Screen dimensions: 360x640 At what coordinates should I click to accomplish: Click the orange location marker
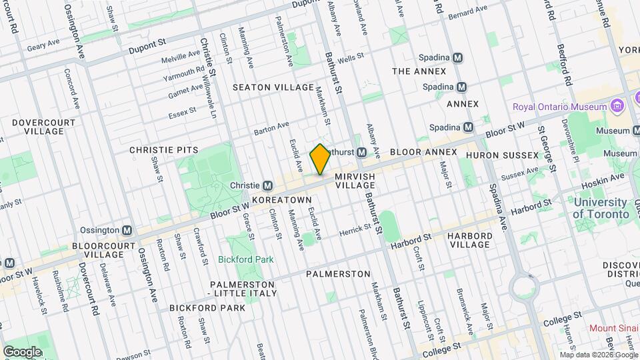[x=320, y=159]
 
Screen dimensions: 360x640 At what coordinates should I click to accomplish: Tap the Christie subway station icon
[x=268, y=185]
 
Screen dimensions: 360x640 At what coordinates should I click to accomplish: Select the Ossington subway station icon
[x=127, y=230]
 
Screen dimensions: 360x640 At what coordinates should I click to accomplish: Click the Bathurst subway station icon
[x=361, y=153]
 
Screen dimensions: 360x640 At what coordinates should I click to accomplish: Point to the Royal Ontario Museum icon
[x=617, y=107]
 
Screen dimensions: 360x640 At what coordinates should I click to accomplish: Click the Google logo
[x=22, y=351]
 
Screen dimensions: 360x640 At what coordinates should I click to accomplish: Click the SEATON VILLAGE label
[x=273, y=87]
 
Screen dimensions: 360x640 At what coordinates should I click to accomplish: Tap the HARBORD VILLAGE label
[x=469, y=240]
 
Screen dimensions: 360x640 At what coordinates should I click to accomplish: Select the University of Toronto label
[x=601, y=209]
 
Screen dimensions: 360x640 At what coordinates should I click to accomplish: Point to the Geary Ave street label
[x=44, y=47]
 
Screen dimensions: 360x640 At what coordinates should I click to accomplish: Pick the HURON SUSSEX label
[x=502, y=155]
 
